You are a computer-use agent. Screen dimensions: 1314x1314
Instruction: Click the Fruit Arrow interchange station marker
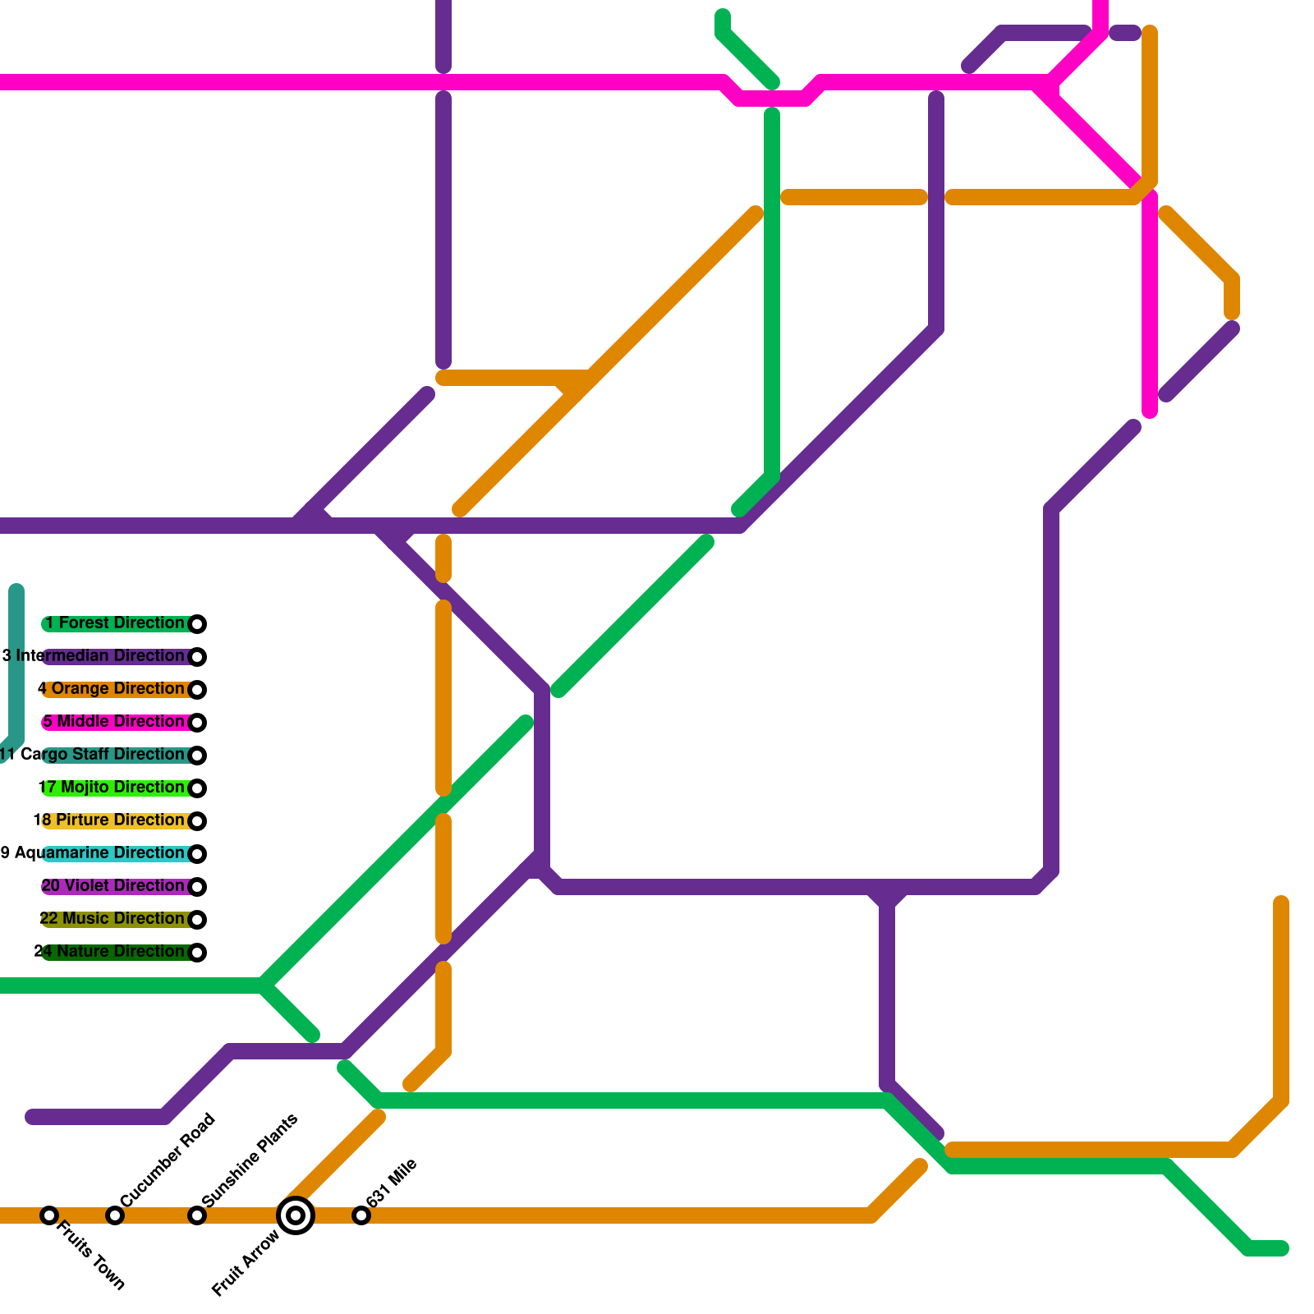point(296,1215)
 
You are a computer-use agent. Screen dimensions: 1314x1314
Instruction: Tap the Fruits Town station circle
point(49,1215)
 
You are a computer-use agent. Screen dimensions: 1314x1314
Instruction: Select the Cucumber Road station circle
point(115,1215)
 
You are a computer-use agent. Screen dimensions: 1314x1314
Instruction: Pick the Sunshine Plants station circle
point(197,1215)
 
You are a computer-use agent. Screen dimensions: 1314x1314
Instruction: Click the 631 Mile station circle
point(361,1215)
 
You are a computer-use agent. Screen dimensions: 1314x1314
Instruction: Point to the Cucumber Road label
point(168,1160)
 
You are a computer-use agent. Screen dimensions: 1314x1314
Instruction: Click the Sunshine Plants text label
point(250,1160)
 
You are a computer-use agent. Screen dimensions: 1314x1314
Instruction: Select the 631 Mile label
point(392,1183)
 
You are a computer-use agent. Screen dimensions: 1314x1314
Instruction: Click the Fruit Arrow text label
point(246,1263)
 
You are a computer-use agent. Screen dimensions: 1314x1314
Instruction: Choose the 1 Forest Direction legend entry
point(115,623)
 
